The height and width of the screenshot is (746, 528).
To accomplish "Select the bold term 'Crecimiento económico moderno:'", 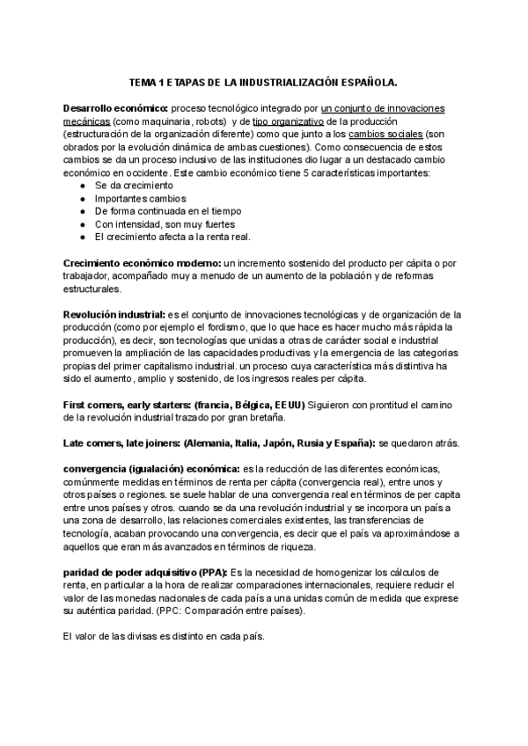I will (142, 264).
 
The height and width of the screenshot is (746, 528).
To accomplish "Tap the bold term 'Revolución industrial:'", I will (114, 315).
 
